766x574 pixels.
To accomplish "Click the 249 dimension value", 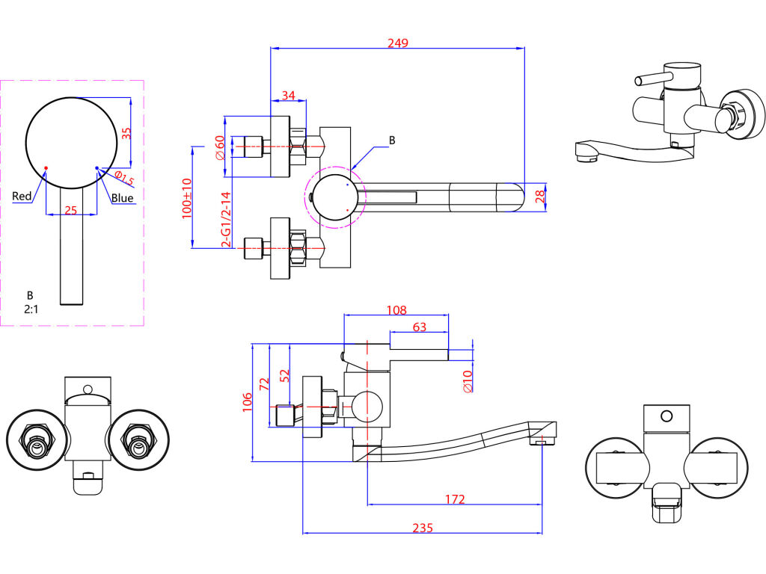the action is [398, 43].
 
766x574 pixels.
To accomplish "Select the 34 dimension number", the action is [289, 95].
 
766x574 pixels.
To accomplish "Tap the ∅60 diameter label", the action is [220, 147].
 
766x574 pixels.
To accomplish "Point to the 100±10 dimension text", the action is [186, 198].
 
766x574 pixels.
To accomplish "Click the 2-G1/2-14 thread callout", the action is [226, 219].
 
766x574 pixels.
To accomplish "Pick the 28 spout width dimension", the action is [540, 197].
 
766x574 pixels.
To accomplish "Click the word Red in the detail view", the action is [22, 197].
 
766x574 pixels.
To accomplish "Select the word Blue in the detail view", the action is [122, 197].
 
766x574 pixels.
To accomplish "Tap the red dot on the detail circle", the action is [46, 168].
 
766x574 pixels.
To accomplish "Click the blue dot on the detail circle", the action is [96, 168].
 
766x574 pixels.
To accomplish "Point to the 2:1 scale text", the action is [31, 309].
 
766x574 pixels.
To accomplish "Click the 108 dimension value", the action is [396, 310].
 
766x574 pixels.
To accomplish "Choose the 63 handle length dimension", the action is [420, 327].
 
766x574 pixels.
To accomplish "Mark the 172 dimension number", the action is [455, 499].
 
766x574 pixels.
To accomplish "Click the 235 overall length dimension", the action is [423, 528].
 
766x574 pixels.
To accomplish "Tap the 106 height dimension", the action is [247, 402].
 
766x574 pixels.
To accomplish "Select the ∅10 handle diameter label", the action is [468, 381].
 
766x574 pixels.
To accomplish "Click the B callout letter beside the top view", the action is [392, 141].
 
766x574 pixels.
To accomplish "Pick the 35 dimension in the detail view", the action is [126, 133].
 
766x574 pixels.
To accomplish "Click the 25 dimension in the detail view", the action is [71, 210].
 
